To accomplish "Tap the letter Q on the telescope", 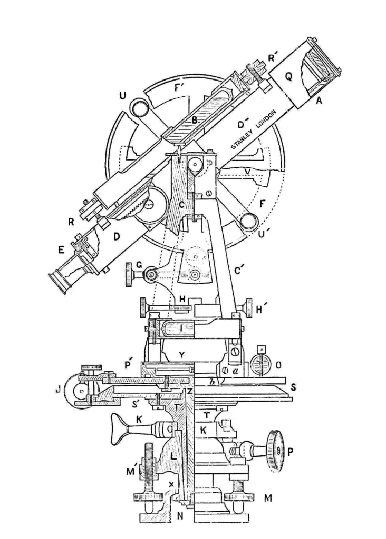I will [288, 77].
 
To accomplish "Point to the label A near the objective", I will [318, 104].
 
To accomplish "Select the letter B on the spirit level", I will [195, 120].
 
